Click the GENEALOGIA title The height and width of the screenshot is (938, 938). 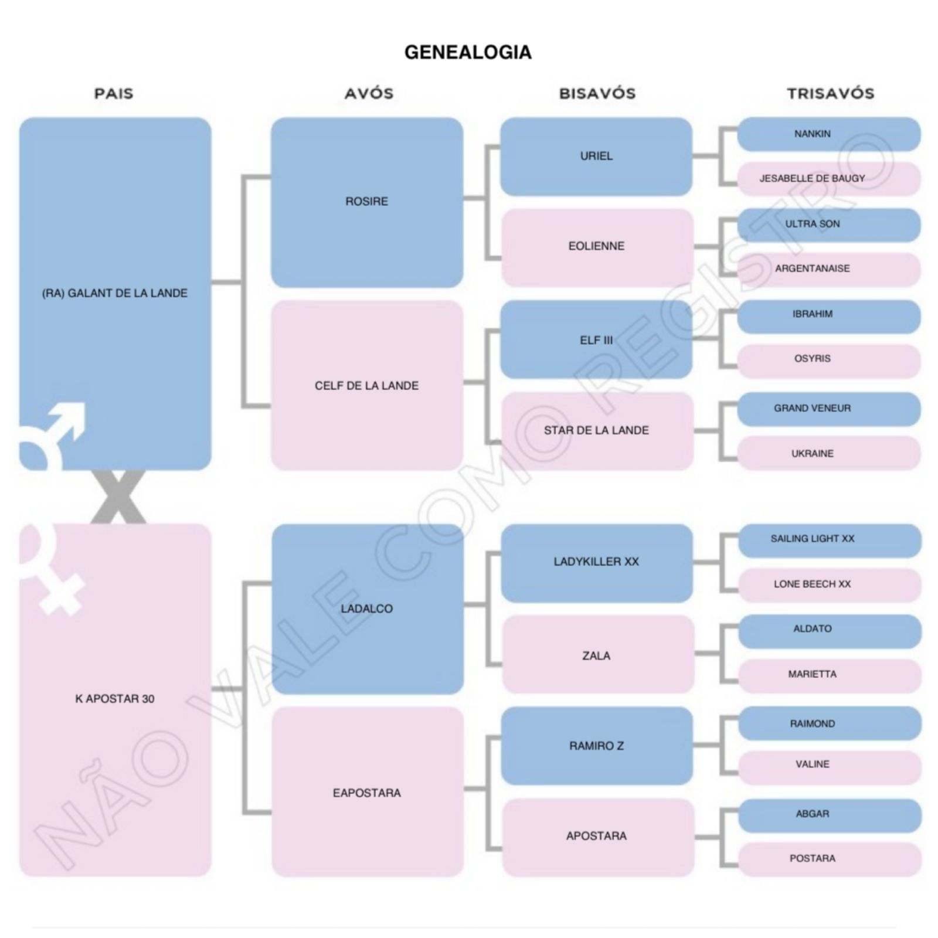468,52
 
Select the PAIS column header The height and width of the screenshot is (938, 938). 114,93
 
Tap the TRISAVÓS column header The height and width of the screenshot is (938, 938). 830,93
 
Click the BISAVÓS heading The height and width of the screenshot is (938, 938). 597,93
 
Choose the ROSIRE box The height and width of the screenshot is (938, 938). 366,202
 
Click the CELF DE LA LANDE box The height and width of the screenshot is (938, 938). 366,386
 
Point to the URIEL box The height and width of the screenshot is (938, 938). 596,156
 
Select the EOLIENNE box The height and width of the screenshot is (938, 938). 596,246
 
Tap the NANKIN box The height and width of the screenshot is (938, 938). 828,134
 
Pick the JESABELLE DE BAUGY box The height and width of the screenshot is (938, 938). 828,178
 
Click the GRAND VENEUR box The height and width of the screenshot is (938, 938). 828,408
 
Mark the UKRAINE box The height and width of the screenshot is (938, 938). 828,453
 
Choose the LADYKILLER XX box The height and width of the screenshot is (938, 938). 596,562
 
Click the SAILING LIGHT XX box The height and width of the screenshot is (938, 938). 828,539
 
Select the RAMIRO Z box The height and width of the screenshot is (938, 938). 596,746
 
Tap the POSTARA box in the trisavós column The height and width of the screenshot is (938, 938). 828,858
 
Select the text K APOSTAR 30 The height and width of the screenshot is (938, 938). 115,699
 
